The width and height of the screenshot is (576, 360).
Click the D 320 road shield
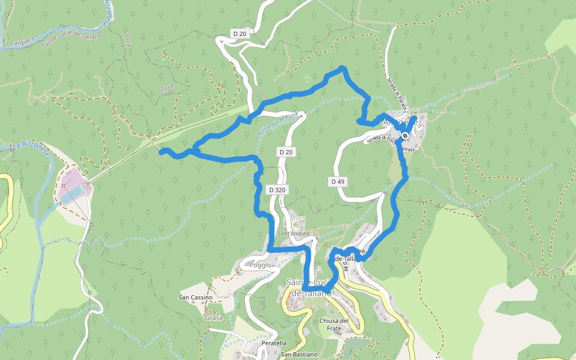[x=278, y=190]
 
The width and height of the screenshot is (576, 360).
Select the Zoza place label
[x=167, y=88]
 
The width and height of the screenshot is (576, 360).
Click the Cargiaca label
[x=22, y=43]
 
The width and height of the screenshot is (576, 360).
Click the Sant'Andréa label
[x=294, y=233]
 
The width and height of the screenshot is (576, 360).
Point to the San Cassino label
[x=196, y=297]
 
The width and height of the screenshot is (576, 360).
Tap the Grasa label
[x=214, y=317]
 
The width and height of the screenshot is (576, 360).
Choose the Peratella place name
[x=274, y=343]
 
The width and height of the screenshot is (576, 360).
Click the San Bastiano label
[x=299, y=355]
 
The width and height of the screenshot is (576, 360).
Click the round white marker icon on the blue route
[x=406, y=136]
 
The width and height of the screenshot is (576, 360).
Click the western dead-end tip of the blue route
[x=160, y=152]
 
